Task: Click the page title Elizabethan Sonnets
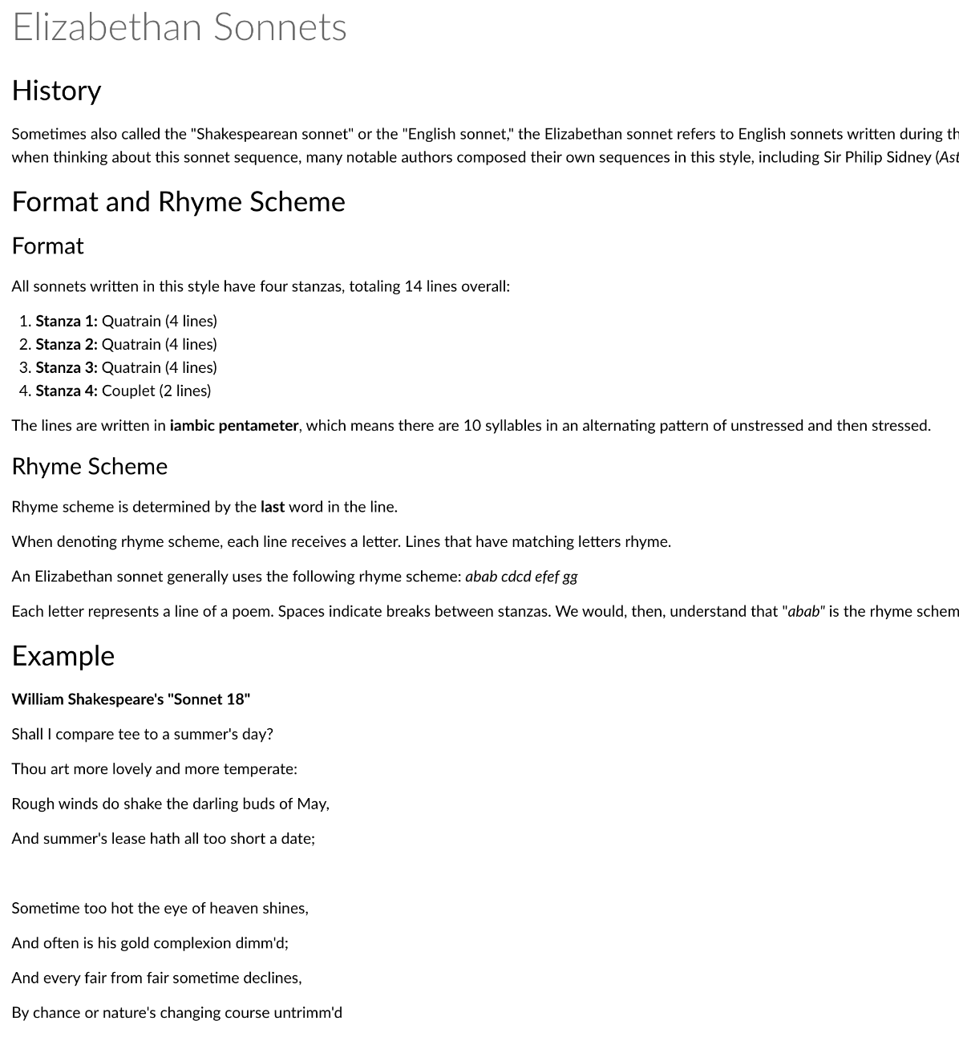179,27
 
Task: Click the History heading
56,91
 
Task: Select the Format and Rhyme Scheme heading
178,201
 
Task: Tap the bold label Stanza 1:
67,321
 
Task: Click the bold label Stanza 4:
67,391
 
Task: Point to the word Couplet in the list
128,391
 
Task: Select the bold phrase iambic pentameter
234,426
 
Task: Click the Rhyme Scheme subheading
89,467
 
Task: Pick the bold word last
273,507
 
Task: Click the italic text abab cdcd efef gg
521,577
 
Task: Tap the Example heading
63,656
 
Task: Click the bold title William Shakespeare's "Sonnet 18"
131,699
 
